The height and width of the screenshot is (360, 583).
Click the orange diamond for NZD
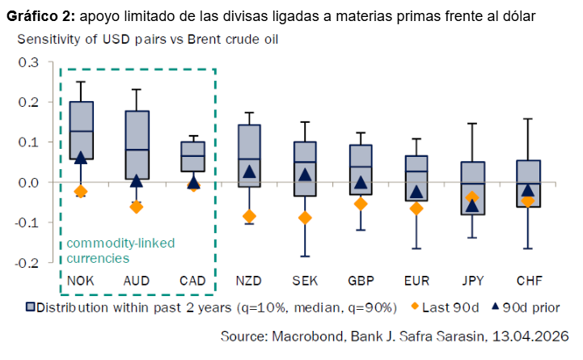(x=250, y=216)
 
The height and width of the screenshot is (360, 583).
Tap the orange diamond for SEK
(x=305, y=218)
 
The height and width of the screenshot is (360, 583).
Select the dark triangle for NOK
(x=81, y=158)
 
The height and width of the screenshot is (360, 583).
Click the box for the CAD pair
(x=192, y=156)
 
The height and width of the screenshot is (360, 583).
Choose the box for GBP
(x=361, y=168)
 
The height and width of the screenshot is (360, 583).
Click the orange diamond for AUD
(x=137, y=206)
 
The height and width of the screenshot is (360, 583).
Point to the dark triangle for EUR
(x=416, y=192)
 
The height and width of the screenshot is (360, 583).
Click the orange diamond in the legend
(x=416, y=307)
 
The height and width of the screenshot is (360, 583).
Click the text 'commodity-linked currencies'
(x=120, y=251)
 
